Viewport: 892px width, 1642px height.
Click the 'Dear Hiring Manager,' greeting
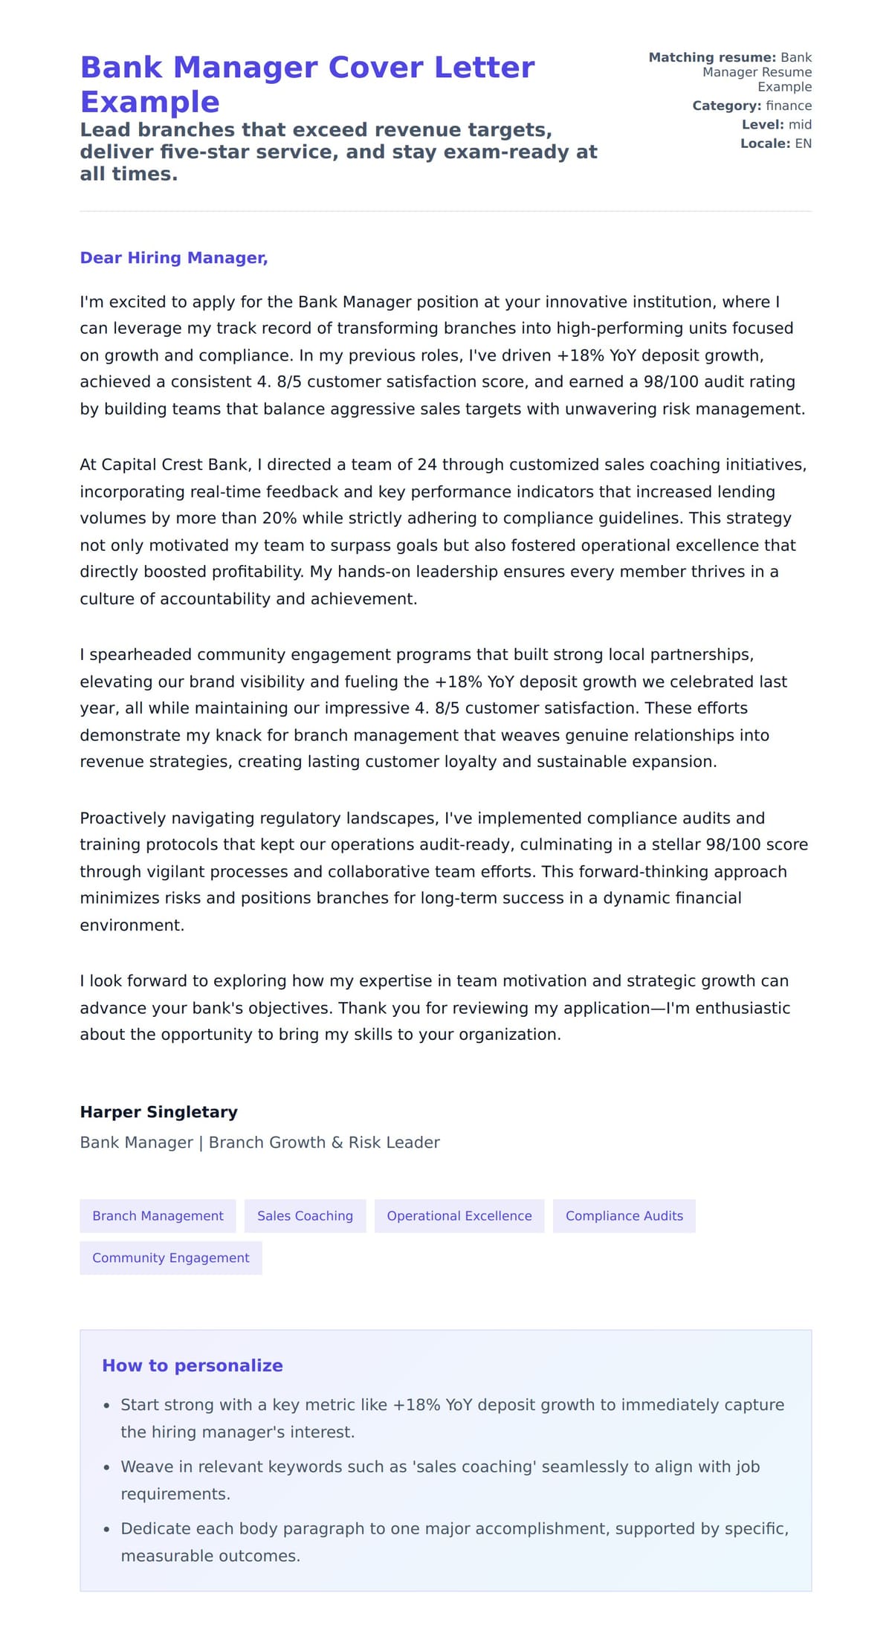tap(173, 258)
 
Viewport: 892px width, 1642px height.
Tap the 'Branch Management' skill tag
tap(158, 1215)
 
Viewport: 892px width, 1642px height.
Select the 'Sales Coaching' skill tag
tap(305, 1215)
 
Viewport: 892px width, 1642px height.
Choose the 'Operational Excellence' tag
tap(459, 1215)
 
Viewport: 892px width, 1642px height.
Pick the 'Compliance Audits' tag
tap(624, 1215)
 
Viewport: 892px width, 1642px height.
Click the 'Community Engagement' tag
tap(170, 1258)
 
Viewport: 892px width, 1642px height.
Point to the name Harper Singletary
tap(158, 1112)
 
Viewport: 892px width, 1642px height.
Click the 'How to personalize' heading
tap(192, 1365)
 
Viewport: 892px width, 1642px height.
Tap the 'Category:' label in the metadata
tap(726, 106)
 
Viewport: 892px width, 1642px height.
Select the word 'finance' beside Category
tap(789, 106)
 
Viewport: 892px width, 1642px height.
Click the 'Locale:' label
tap(765, 143)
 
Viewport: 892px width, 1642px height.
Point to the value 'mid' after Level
tap(800, 125)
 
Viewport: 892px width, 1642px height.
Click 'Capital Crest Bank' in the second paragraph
tap(175, 465)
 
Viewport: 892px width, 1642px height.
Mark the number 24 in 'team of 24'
tap(427, 465)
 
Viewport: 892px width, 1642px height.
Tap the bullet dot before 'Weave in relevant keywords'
tap(106, 1467)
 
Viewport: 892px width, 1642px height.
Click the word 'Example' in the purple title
tap(149, 102)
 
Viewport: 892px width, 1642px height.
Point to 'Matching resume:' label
tap(712, 57)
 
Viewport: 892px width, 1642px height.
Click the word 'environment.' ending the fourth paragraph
tap(132, 925)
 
